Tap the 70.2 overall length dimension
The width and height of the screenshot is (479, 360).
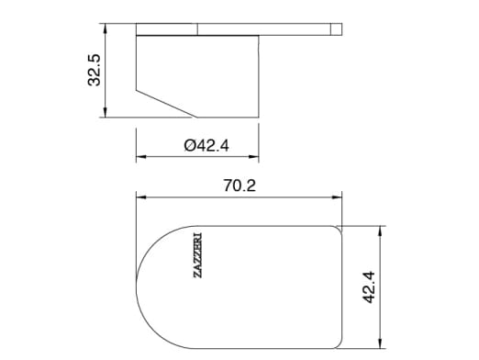(239, 186)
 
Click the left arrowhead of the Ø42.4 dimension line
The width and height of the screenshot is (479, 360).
(139, 157)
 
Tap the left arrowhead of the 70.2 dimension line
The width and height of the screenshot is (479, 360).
(139, 196)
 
